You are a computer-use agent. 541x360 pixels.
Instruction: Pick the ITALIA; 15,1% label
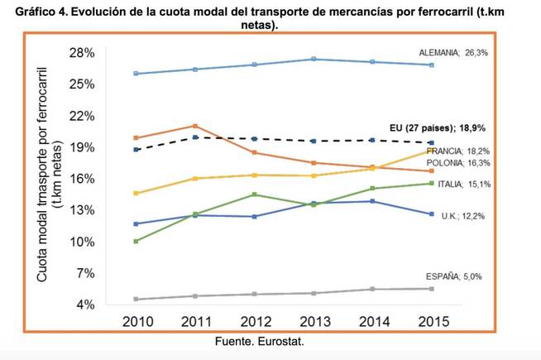tap(465, 184)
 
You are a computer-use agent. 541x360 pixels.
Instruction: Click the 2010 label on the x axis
tap(136, 320)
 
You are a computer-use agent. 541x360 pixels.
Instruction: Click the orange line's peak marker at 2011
tap(195, 126)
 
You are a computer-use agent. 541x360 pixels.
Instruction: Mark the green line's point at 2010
tap(135, 241)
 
